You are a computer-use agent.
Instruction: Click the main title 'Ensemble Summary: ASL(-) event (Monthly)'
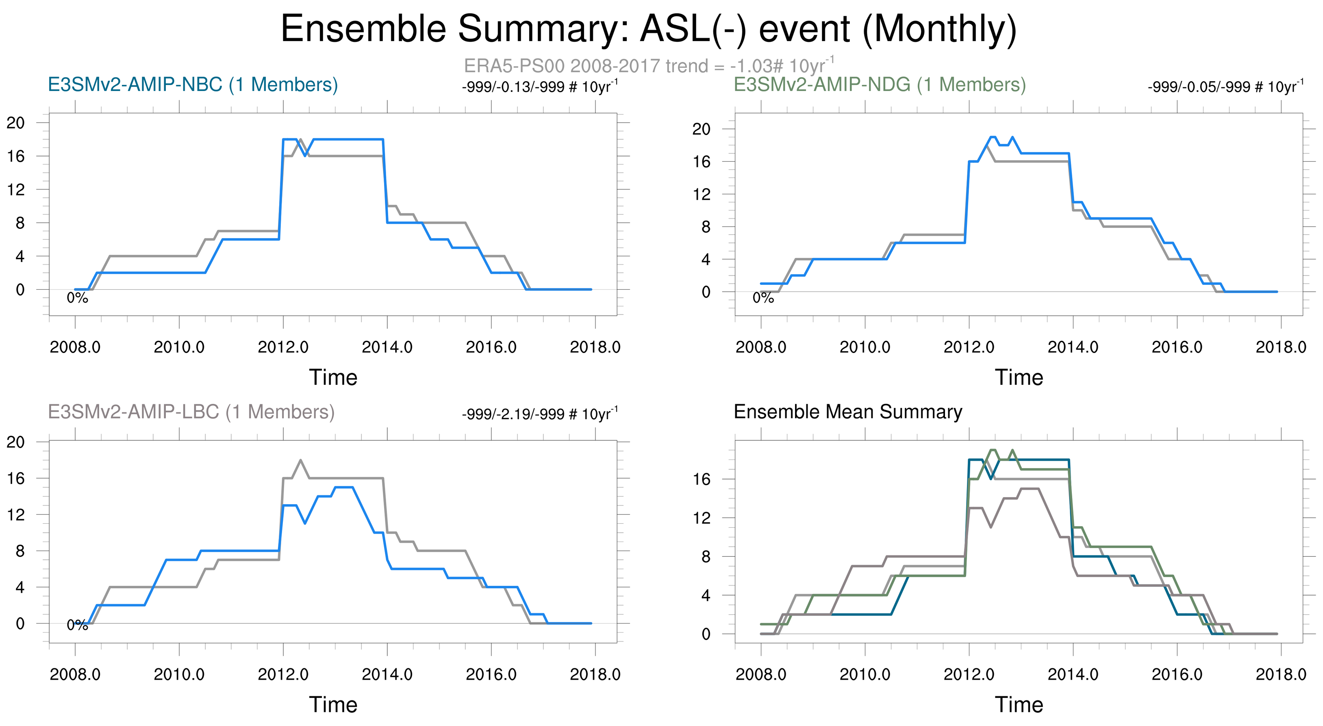(648, 29)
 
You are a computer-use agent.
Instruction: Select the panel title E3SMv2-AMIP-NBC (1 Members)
(193, 85)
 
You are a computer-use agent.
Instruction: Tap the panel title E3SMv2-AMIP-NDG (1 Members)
(879, 85)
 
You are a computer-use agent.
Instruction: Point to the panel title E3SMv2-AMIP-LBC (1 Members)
(191, 412)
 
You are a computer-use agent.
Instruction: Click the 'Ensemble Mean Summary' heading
(848, 412)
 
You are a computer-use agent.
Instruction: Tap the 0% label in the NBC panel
(78, 298)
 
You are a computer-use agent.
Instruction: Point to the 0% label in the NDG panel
(763, 298)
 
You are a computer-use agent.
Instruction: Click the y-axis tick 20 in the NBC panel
(15, 123)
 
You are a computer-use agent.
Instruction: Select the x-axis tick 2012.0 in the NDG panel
(969, 347)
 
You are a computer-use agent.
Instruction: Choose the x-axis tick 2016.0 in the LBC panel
(491, 674)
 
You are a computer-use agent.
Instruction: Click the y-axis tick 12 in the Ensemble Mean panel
(702, 518)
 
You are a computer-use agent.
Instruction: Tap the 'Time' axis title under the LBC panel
(333, 704)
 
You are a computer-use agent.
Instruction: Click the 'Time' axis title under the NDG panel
(1019, 377)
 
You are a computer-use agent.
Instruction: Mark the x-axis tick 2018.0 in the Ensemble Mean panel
(1281, 674)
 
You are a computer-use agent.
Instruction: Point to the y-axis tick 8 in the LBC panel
(20, 551)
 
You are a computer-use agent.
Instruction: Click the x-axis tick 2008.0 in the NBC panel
(75, 347)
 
